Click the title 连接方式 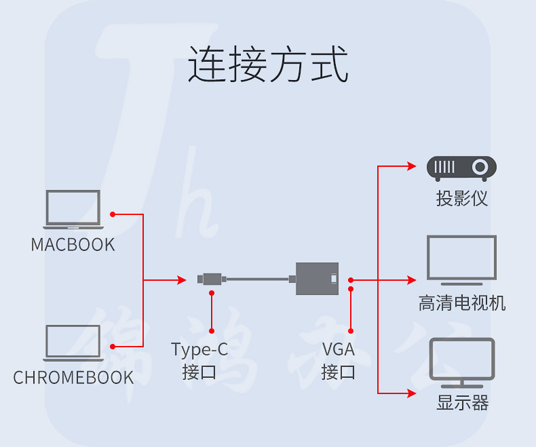click(x=268, y=65)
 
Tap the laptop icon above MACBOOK click(x=73, y=208)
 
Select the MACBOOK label click(x=73, y=244)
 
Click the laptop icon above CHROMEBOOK click(x=73, y=343)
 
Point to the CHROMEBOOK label click(x=73, y=378)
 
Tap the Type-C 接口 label click(x=199, y=361)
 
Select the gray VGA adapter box click(x=317, y=278)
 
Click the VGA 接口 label click(x=339, y=361)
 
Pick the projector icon click(x=461, y=168)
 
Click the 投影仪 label click(x=462, y=199)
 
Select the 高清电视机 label click(x=462, y=303)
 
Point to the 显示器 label click(x=462, y=404)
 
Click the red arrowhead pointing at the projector click(x=411, y=166)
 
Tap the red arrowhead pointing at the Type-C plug click(x=181, y=279)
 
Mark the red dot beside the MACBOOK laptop click(x=113, y=214)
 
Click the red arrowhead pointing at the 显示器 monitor click(x=411, y=393)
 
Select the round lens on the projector click(x=480, y=166)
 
